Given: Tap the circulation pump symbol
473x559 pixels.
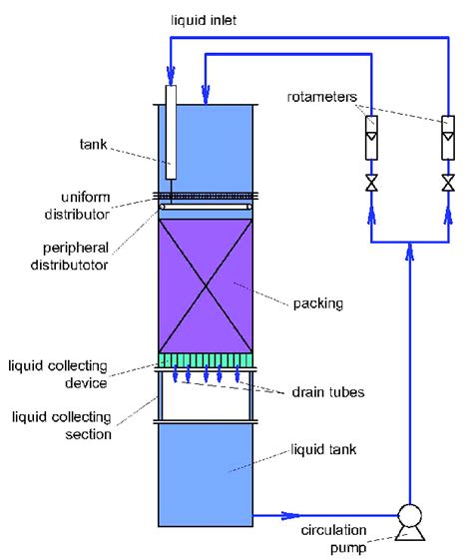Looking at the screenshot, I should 408,516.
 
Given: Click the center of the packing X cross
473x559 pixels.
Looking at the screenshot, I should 207,286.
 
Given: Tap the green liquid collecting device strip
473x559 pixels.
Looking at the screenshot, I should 207,360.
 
